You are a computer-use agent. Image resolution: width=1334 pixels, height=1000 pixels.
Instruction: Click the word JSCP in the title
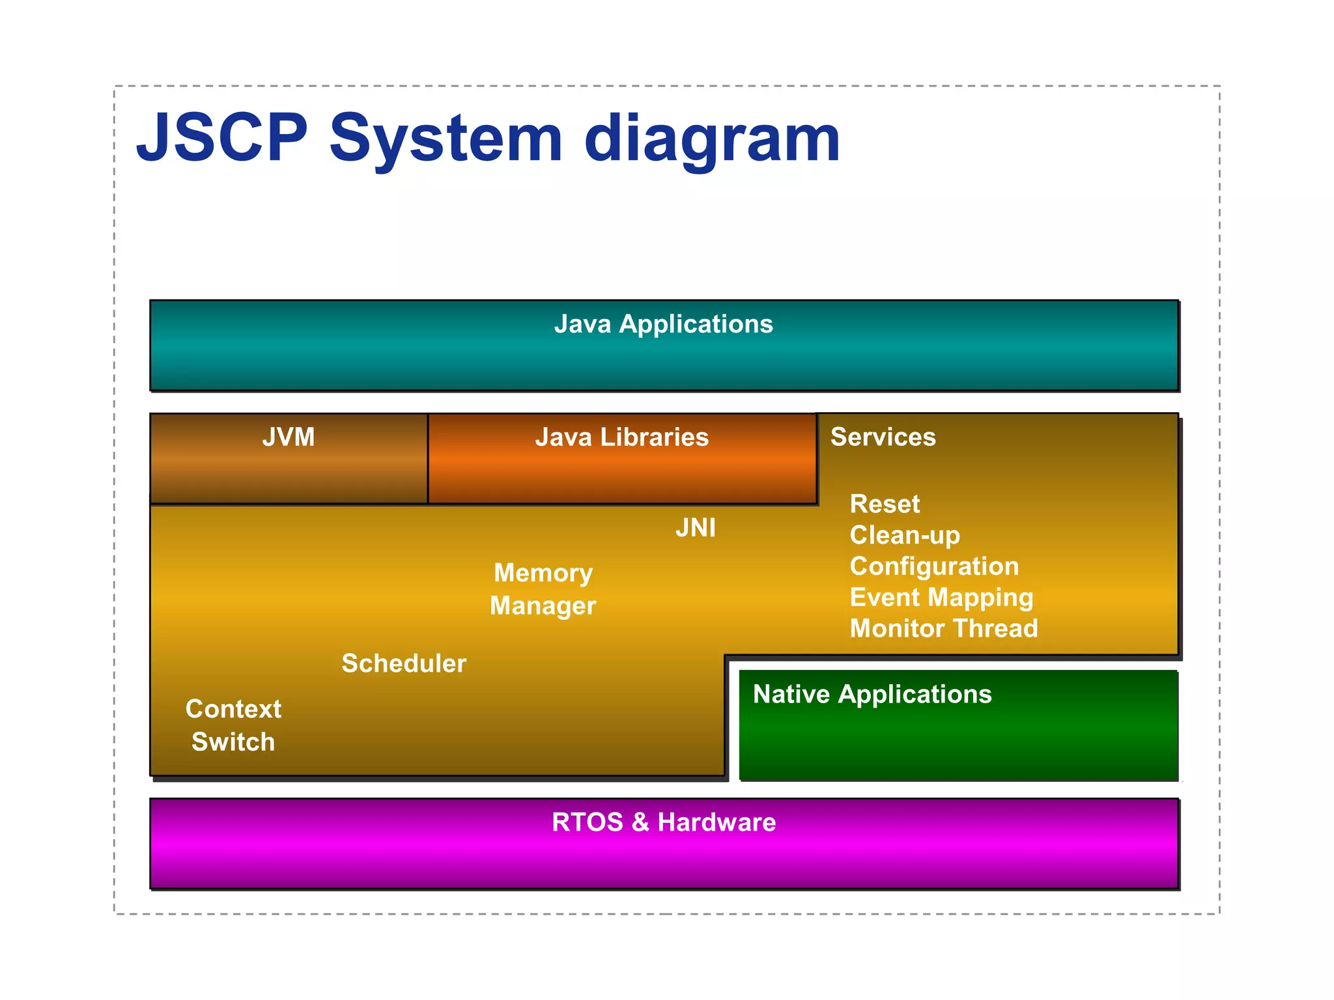[222, 138]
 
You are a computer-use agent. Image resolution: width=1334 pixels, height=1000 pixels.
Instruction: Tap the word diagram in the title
[711, 140]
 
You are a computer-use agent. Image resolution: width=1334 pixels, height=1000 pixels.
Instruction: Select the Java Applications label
[663, 324]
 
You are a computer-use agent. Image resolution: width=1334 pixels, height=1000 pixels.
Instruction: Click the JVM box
[289, 459]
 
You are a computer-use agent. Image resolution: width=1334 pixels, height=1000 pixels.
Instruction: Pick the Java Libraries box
[622, 459]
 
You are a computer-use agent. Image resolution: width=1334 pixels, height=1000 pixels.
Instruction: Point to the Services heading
[883, 437]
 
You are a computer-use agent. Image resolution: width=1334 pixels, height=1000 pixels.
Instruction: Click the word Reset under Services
[885, 504]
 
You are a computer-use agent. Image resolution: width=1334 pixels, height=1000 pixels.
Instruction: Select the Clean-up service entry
[905, 535]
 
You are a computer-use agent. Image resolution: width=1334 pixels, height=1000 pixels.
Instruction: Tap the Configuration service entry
[934, 566]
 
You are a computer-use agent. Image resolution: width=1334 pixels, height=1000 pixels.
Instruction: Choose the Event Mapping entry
[941, 598]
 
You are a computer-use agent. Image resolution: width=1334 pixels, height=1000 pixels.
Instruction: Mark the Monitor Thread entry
[944, 629]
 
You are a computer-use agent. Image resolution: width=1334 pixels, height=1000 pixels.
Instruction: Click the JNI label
[696, 528]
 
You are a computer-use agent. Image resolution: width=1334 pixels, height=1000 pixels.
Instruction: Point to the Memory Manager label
[543, 589]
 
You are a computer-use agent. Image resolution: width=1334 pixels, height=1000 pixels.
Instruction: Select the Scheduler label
[404, 663]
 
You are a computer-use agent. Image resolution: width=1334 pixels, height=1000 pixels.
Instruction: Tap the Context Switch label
[233, 725]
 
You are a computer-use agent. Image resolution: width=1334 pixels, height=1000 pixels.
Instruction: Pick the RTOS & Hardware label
[663, 822]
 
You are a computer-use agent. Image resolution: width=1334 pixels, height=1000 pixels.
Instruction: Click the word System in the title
[446, 140]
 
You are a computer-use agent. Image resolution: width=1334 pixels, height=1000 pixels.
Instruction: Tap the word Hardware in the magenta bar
[717, 822]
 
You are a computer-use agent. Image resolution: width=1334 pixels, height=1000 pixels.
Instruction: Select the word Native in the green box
[791, 694]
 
